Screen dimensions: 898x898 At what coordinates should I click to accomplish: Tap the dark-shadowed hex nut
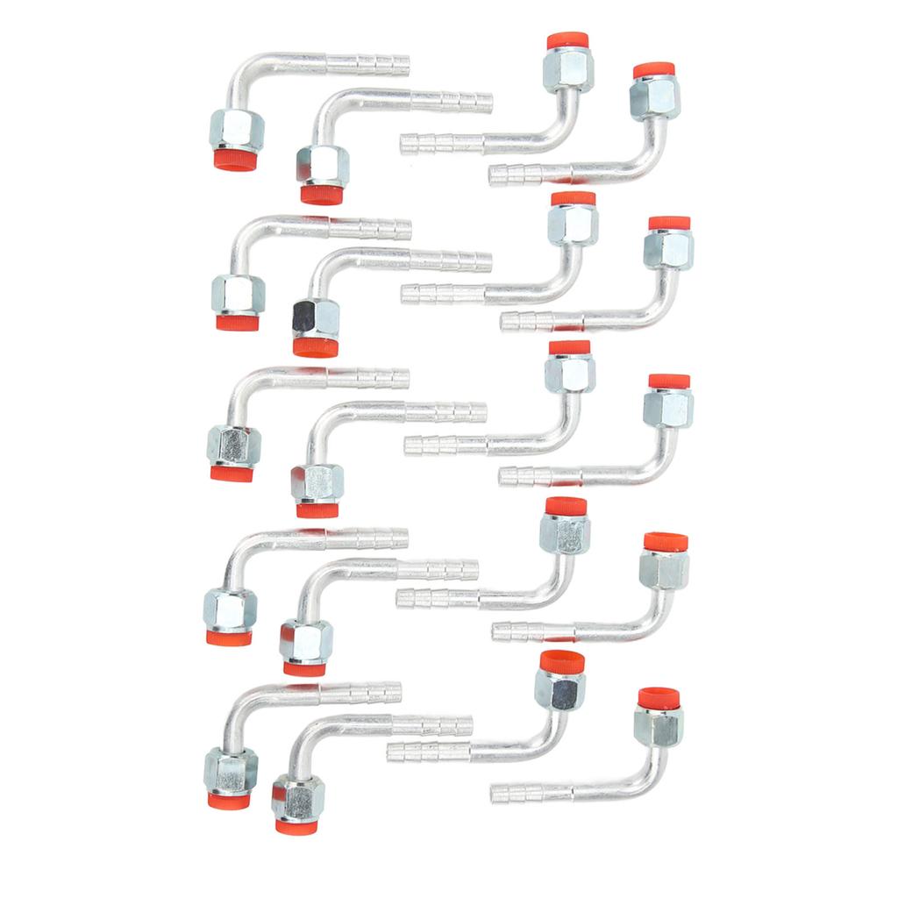pyautogui.click(x=316, y=318)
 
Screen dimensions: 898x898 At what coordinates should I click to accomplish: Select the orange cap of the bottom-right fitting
pyautogui.click(x=659, y=698)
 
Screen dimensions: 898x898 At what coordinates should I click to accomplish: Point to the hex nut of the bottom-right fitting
pyautogui.click(x=659, y=726)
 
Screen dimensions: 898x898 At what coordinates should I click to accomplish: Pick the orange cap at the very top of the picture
pyautogui.click(x=567, y=40)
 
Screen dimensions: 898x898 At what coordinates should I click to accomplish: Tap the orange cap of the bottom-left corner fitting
pyautogui.click(x=229, y=800)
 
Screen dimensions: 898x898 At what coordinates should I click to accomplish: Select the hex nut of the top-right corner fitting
pyautogui.click(x=655, y=97)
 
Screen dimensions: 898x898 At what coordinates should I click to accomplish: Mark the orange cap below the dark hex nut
pyautogui.click(x=316, y=348)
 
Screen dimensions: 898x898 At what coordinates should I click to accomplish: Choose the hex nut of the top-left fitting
pyautogui.click(x=237, y=130)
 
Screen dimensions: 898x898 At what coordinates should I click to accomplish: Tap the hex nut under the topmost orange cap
pyautogui.click(x=568, y=69)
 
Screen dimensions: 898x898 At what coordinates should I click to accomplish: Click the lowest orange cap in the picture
pyautogui.click(x=296, y=826)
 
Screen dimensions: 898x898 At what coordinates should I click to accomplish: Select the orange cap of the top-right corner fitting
pyautogui.click(x=653, y=69)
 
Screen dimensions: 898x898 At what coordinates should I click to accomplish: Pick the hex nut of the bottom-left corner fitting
pyautogui.click(x=231, y=769)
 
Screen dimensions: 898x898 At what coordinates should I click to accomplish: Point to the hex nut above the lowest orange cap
pyautogui.click(x=298, y=796)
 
